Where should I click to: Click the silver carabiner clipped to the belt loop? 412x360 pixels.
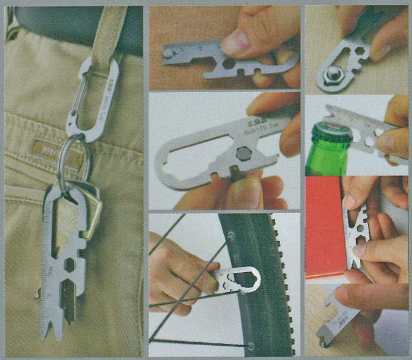tap(95, 98)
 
